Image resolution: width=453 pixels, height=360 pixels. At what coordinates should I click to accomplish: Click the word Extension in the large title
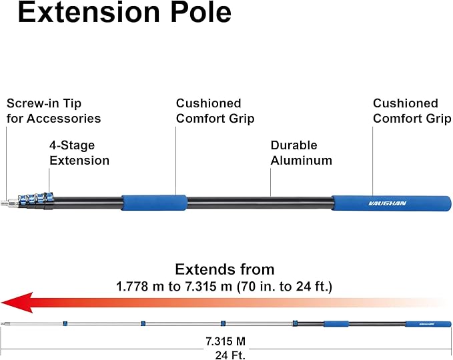[89, 12]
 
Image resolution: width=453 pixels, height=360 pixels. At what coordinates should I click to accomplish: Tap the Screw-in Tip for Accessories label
[54, 111]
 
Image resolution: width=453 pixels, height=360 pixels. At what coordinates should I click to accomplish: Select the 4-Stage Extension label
[79, 153]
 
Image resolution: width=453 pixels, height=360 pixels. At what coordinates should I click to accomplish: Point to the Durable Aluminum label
[302, 153]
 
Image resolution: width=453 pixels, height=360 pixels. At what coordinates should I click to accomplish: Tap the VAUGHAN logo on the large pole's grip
[388, 203]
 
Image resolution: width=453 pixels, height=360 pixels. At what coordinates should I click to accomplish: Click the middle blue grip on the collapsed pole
[154, 203]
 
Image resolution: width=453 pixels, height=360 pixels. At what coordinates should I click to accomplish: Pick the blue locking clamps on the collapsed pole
[36, 199]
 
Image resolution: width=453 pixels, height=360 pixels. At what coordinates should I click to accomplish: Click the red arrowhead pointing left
[17, 302]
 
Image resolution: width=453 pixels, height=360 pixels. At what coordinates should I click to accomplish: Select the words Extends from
[225, 269]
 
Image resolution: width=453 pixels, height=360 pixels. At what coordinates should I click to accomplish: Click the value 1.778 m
[140, 287]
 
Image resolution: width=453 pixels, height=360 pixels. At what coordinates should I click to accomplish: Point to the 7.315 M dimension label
[225, 341]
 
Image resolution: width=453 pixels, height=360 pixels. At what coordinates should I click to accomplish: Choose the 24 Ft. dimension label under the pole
[230, 355]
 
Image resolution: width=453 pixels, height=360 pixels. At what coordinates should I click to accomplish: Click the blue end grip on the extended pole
[428, 324]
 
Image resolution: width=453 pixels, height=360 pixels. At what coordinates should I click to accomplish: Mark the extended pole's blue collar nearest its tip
[65, 323]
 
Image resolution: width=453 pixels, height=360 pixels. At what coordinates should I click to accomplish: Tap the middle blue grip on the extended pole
[336, 324]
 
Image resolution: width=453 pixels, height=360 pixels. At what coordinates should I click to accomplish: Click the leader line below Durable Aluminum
[270, 182]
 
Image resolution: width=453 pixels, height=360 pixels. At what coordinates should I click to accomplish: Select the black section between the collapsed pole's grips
[260, 203]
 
